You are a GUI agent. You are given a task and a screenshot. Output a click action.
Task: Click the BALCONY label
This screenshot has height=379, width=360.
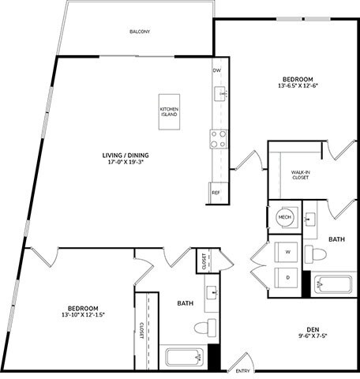click(140, 32)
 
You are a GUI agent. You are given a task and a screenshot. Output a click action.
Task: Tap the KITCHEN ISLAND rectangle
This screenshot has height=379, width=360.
click(169, 111)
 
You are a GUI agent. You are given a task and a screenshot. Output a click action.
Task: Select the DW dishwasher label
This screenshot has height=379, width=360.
click(216, 70)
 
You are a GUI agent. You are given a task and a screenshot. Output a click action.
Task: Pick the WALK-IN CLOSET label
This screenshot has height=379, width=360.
click(300, 174)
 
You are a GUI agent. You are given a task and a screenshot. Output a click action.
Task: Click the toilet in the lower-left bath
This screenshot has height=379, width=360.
click(204, 327)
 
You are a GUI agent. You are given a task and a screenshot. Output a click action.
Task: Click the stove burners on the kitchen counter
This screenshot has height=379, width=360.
click(218, 139)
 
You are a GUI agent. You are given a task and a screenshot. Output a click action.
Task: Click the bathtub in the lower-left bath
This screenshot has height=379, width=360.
click(186, 356)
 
